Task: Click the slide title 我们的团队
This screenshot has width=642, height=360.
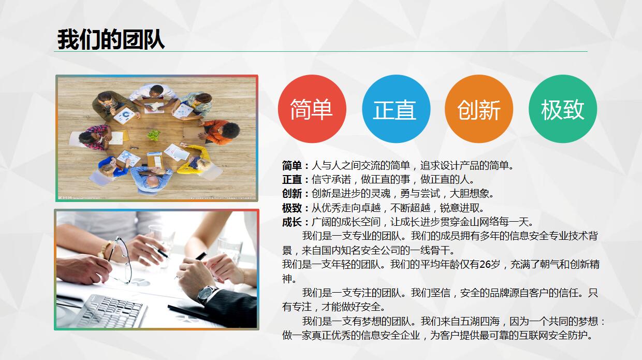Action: click(111, 39)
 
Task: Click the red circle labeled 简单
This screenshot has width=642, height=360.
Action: click(312, 109)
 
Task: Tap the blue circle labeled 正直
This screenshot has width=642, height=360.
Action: click(396, 109)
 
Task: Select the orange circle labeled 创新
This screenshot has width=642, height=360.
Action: click(479, 109)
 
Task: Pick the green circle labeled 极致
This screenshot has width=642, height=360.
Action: click(562, 109)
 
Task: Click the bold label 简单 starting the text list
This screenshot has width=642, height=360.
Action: click(292, 166)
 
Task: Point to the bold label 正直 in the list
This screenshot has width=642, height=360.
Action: click(292, 180)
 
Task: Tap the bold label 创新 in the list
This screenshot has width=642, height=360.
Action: click(292, 194)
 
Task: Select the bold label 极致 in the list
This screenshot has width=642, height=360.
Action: click(292, 208)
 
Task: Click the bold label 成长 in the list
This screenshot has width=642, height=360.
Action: click(292, 222)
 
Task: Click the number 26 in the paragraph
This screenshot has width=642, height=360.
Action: click(484, 264)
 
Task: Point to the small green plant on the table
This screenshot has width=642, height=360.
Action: click(154, 135)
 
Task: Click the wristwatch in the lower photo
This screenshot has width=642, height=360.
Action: click(207, 293)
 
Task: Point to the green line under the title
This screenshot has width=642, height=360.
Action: click(321, 52)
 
